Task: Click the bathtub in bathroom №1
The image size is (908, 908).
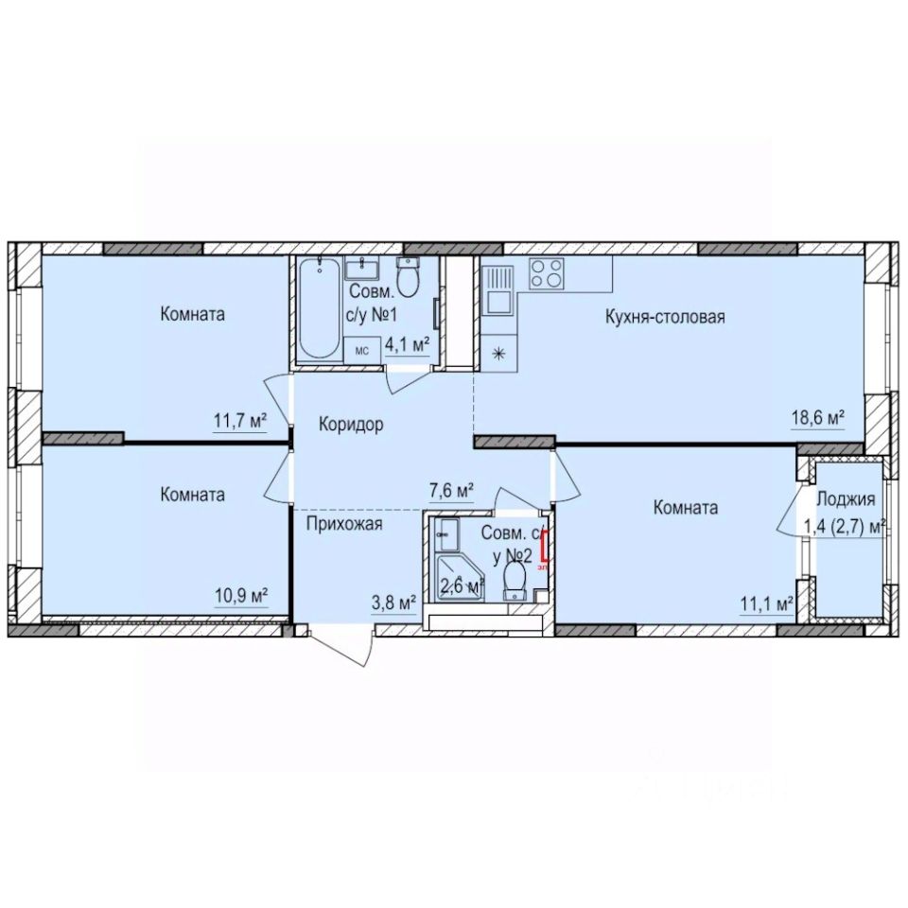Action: coord(318,307)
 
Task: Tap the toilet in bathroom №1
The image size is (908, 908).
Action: coord(409,278)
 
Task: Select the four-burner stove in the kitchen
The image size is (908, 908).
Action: coord(545,273)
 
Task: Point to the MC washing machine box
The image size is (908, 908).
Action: coord(361,349)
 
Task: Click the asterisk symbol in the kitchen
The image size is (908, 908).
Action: coord(498,354)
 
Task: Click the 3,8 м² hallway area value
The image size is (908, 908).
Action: coord(391,602)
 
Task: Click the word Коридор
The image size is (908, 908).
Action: coord(350,425)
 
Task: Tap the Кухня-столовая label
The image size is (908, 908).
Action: coord(664,317)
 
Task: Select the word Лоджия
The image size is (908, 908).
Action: coord(846,500)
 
